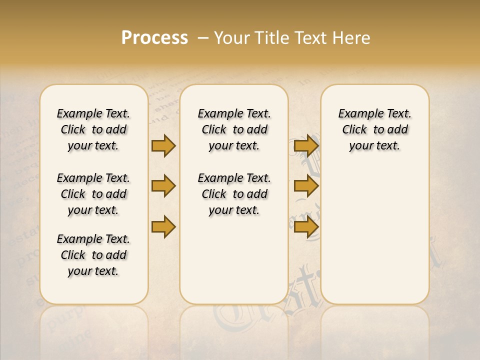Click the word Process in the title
(x=154, y=37)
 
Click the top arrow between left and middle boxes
(x=163, y=146)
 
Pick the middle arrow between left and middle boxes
(x=163, y=186)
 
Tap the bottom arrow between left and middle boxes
(x=163, y=226)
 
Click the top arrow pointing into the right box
(x=306, y=146)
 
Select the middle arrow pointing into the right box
(x=306, y=186)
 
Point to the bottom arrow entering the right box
(x=306, y=226)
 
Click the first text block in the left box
(x=93, y=129)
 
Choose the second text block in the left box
(x=93, y=194)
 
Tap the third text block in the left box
(x=93, y=255)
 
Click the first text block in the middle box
(x=234, y=129)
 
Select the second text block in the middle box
(x=234, y=194)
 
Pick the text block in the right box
(x=374, y=129)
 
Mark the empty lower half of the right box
(x=374, y=235)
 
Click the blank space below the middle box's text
(x=234, y=260)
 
